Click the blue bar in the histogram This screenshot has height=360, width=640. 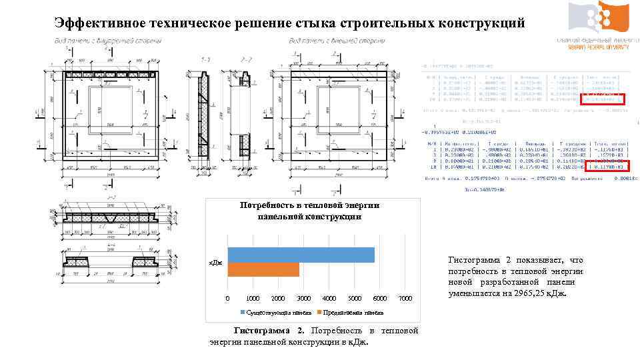click(x=301, y=255)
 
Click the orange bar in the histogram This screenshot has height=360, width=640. click(x=263, y=269)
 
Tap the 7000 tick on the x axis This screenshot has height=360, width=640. click(x=405, y=298)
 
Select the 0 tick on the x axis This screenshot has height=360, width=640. click(x=227, y=298)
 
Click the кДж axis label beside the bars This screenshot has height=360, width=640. click(x=217, y=264)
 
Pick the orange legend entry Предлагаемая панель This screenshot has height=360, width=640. click(x=353, y=312)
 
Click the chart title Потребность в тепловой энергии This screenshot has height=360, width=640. click(x=309, y=205)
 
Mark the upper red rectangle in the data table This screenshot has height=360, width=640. click(x=602, y=100)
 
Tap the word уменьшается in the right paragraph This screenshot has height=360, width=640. click(x=475, y=293)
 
